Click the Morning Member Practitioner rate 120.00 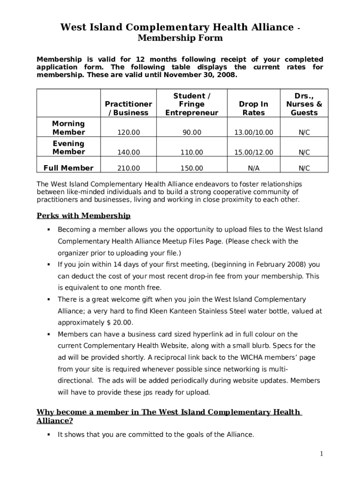(129, 133)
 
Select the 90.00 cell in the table (192, 133)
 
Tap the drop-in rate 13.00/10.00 (253, 133)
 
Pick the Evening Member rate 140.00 (129, 152)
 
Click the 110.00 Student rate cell (192, 152)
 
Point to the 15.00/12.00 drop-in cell (253, 152)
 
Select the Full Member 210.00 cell (129, 168)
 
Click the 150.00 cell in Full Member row (192, 168)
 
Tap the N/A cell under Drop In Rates (253, 168)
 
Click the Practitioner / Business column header (128, 109)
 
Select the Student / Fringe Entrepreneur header (192, 104)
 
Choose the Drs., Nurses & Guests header (304, 104)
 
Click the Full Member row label (68, 168)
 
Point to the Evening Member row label (68, 148)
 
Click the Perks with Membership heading (84, 216)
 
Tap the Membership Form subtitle (180, 38)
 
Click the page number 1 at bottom (322, 454)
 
